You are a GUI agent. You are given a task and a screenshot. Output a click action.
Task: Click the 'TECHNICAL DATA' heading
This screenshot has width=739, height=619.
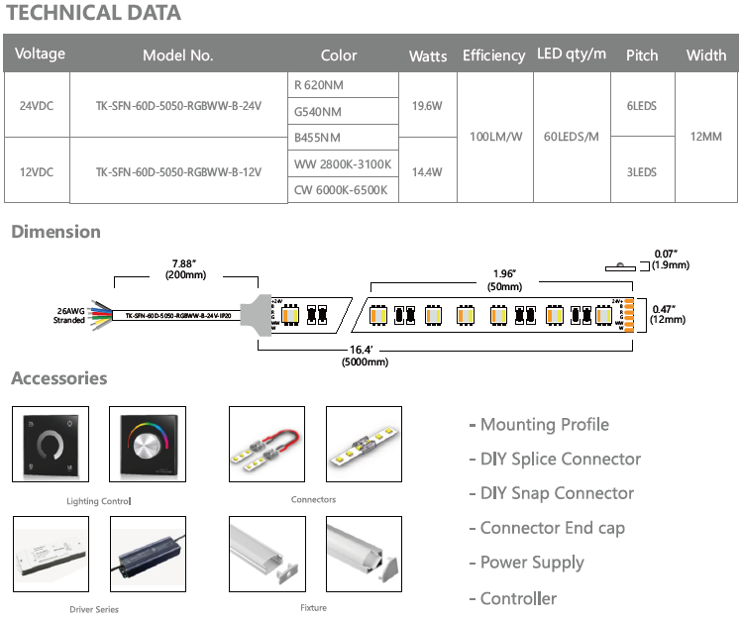[x=94, y=13]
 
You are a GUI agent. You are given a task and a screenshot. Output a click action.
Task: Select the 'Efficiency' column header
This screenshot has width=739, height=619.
[x=493, y=55]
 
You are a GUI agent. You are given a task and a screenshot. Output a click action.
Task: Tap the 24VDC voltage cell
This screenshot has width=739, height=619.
[x=37, y=104]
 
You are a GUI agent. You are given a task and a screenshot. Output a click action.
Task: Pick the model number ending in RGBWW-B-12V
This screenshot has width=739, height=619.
[x=178, y=171]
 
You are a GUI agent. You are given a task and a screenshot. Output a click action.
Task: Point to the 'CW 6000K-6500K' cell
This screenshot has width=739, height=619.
[x=341, y=190]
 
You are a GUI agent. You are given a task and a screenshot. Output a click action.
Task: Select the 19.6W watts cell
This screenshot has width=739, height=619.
[x=427, y=105]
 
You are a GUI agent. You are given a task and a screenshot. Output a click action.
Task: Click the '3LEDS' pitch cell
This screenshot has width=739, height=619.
[x=641, y=171]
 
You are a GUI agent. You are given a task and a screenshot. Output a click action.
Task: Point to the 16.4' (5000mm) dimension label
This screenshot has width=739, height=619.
[x=367, y=356]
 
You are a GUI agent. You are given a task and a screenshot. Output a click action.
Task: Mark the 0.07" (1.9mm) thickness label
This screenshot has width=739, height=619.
[x=671, y=259]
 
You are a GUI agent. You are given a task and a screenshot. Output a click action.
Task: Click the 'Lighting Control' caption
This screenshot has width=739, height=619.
[x=98, y=501]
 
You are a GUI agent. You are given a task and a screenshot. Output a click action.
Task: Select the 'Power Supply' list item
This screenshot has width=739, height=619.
[x=532, y=563]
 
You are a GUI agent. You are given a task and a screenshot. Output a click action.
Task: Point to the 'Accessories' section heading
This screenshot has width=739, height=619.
[x=58, y=378]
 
